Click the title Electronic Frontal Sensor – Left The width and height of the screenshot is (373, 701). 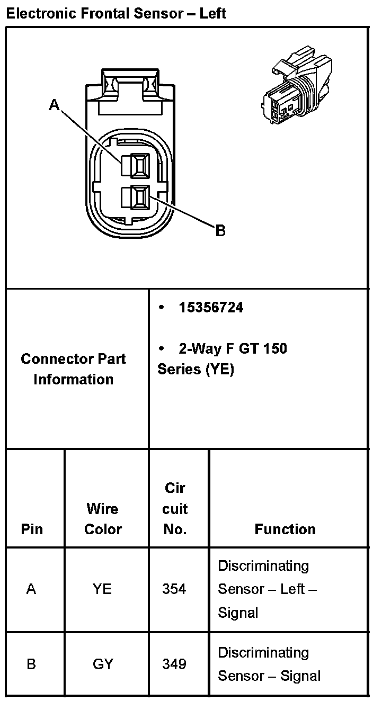click(116, 13)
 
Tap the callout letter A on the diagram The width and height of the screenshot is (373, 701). click(54, 105)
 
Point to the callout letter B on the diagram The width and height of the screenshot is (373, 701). click(220, 230)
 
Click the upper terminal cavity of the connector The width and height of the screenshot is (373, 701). click(136, 166)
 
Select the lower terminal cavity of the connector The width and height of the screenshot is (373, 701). click(136, 199)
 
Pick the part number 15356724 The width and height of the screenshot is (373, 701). click(211, 308)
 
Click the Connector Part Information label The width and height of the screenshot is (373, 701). click(74, 369)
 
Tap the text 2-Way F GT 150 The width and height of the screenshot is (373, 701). click(233, 348)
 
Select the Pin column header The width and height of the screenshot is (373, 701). click(32, 529)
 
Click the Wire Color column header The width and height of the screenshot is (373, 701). click(103, 519)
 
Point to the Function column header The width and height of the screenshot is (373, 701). click(285, 529)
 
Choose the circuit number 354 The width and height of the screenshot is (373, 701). click(174, 589)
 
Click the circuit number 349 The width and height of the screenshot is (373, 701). click(174, 663)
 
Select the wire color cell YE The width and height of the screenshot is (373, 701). click(102, 589)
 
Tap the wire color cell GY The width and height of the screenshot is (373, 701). click(103, 663)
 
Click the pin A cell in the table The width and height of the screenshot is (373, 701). click(31, 589)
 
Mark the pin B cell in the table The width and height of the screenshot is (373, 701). click(31, 663)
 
